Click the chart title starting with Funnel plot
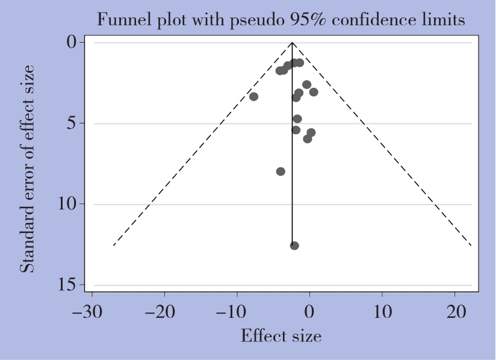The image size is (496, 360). (x=281, y=20)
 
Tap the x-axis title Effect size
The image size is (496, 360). (x=281, y=335)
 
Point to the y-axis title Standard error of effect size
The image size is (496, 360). (x=28, y=168)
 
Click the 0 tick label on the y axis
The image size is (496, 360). (x=72, y=43)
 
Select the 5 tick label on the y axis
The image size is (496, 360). (x=72, y=123)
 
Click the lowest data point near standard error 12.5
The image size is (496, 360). (x=294, y=245)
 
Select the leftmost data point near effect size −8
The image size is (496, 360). (x=254, y=96)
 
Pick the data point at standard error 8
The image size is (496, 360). (x=281, y=172)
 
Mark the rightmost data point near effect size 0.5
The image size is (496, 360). (x=314, y=92)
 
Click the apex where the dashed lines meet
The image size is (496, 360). (x=292, y=43)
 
